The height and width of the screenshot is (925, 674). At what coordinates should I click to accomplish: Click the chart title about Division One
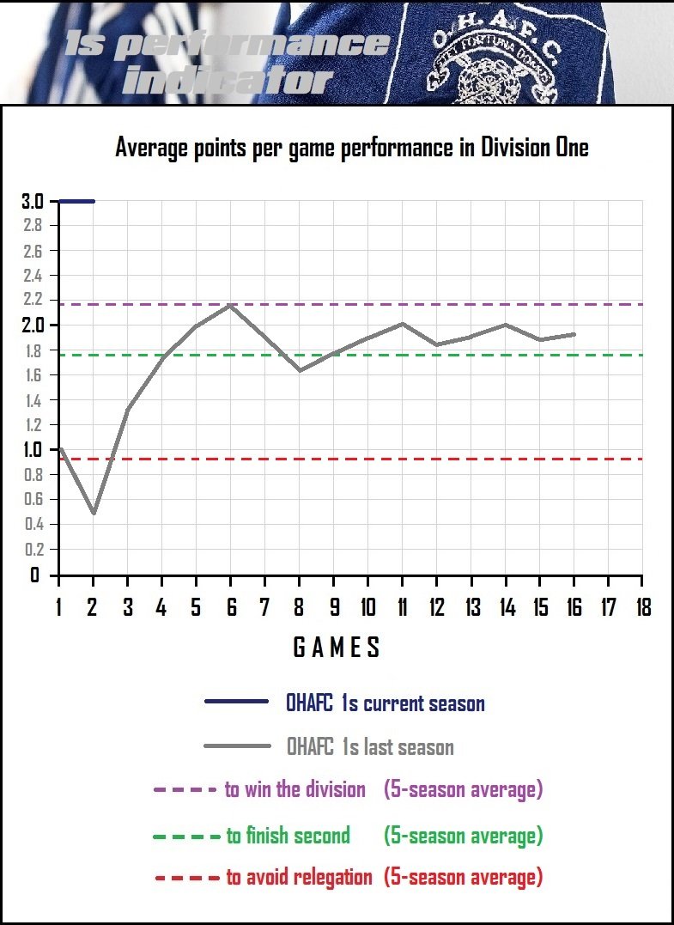352,148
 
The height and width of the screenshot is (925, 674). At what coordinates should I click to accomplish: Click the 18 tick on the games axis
641,608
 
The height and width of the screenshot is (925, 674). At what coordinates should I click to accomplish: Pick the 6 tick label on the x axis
230,608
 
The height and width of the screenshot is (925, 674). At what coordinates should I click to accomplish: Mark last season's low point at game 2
94,513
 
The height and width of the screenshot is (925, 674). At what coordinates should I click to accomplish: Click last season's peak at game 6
230,306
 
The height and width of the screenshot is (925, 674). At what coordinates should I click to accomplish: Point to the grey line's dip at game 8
300,370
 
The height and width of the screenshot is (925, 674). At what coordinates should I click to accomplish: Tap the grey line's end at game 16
574,334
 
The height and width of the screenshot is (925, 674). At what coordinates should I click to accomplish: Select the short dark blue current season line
76,202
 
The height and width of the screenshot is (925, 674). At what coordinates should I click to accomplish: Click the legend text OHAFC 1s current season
386,704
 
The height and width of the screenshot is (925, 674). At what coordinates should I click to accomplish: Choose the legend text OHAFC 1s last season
370,747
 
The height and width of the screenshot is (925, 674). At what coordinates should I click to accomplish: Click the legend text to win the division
295,789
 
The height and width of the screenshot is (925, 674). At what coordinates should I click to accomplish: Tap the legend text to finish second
288,835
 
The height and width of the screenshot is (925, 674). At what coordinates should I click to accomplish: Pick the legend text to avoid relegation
299,877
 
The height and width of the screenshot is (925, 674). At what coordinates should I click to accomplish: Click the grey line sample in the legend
236,746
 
